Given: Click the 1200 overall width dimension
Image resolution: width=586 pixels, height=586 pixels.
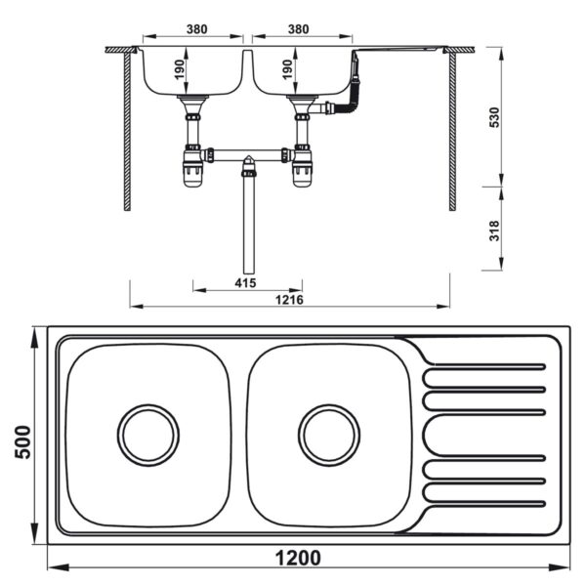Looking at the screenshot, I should coord(297,558).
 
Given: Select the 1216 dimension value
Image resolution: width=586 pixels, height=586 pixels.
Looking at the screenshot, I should coord(289,299).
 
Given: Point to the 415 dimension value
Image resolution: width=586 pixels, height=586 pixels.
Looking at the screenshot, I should coord(244,284).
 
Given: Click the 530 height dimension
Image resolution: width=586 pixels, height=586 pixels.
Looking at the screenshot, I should coord(495,116).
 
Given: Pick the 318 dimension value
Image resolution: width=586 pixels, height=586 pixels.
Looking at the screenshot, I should coord(495,230).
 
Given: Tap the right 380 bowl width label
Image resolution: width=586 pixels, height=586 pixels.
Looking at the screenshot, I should coord(298,29).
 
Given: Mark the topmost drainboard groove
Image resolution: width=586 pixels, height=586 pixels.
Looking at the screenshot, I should coord(482,368).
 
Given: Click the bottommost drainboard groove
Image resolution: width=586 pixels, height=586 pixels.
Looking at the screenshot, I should coord(482,503).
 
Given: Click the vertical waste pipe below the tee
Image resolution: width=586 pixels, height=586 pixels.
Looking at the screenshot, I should coord(248,225).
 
